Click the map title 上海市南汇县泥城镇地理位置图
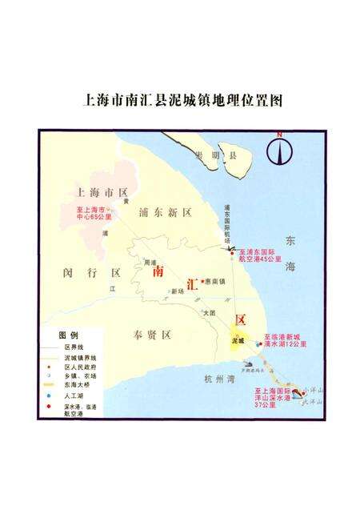pyautogui.click(x=183, y=102)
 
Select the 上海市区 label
pyautogui.click(x=101, y=193)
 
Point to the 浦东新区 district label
pyautogui.click(x=166, y=213)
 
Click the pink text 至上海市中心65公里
pyautogui.click(x=85, y=212)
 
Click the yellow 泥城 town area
pyautogui.click(x=238, y=339)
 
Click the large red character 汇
pyautogui.click(x=193, y=283)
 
